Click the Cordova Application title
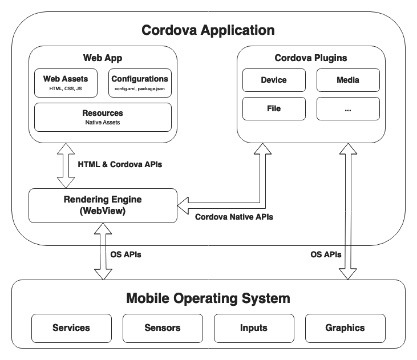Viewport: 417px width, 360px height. coord(208,30)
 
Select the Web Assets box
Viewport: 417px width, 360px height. coord(66,83)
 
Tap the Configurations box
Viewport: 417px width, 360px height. coord(139,83)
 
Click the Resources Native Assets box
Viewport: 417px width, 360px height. coord(103,116)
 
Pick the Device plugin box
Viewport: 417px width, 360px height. coord(273,80)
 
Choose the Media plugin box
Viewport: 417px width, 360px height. coord(347,80)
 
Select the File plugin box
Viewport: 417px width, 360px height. coord(273,108)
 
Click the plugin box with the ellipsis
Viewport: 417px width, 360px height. coord(347,108)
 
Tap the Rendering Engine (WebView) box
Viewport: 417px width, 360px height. coord(103,205)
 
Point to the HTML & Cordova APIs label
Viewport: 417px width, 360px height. coord(120,164)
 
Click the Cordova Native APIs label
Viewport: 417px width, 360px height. coord(234,217)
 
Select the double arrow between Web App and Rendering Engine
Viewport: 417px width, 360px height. coord(66,165)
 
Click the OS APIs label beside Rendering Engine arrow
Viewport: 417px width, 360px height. coord(125,254)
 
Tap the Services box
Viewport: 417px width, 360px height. coord(71,327)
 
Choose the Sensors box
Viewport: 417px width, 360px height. coord(163,327)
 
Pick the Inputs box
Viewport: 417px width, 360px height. coord(254,327)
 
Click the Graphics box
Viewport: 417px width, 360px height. coord(345,327)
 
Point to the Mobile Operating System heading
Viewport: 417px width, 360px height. coord(208,298)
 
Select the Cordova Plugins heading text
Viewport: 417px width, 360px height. coord(310,58)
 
